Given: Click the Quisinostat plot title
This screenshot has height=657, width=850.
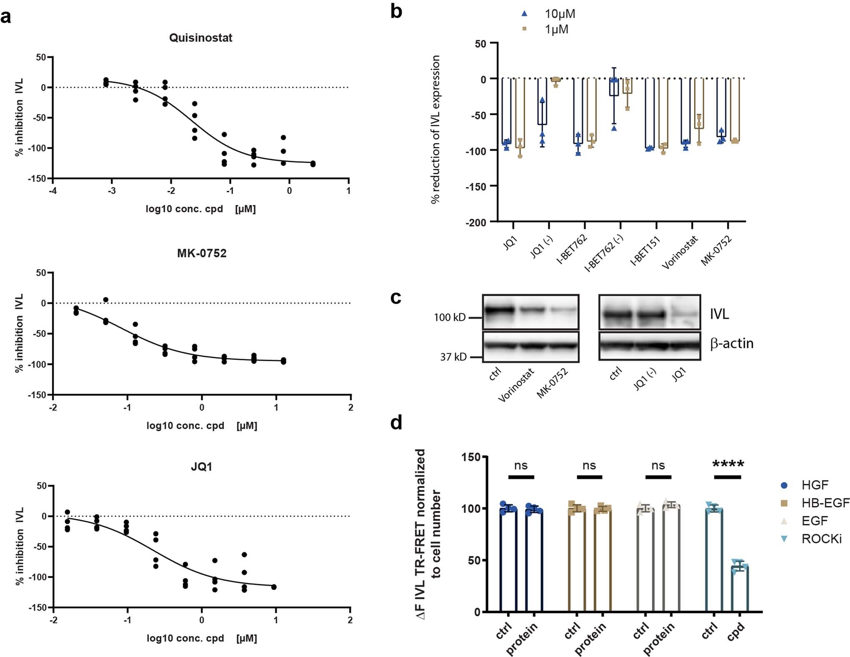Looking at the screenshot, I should tap(200, 38).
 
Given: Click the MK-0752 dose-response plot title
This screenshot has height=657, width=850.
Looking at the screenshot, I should tap(202, 253).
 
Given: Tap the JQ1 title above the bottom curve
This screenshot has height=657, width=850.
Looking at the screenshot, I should tap(202, 467).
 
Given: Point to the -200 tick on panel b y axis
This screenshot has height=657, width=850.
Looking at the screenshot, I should tap(476, 223).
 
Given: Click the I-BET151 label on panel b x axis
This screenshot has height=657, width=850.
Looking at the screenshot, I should tap(645, 251).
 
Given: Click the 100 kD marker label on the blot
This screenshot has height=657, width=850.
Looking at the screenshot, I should tap(450, 318).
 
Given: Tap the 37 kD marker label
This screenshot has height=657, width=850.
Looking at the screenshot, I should tap(453, 357).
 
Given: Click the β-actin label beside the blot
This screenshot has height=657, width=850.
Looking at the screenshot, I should tap(732, 344).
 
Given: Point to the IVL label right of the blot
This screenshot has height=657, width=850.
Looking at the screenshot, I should tap(720, 314).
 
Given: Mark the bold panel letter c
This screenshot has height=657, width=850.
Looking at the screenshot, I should tap(395, 298).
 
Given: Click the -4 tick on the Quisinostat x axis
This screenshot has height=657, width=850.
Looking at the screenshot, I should tap(53, 191).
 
